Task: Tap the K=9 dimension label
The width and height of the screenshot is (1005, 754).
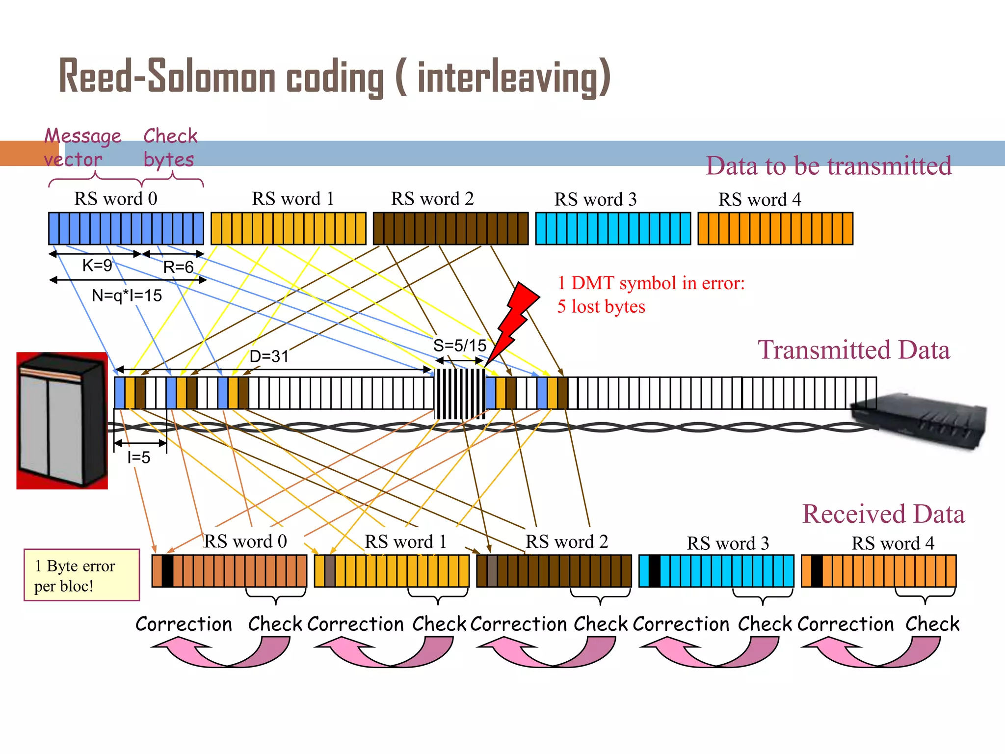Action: (x=97, y=266)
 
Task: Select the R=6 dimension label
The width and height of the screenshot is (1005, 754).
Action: (x=178, y=267)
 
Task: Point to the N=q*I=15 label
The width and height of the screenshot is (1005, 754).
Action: (x=127, y=296)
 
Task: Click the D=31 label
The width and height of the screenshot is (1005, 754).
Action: (x=269, y=356)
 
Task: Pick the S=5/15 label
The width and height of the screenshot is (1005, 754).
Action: (x=459, y=346)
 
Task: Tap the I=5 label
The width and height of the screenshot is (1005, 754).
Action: (x=138, y=458)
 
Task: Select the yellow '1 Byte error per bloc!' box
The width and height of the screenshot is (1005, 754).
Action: (x=81, y=575)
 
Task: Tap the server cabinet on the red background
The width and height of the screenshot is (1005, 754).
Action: (x=62, y=421)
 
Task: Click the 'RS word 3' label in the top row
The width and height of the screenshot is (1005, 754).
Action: (x=595, y=199)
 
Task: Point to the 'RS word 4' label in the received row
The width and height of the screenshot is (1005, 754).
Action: (x=892, y=543)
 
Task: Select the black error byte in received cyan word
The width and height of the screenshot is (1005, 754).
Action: (x=654, y=571)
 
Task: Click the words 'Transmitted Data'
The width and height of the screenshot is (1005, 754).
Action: (x=853, y=350)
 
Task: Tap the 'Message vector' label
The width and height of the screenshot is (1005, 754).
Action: (x=82, y=147)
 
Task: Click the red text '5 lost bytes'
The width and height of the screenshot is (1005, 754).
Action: (x=601, y=307)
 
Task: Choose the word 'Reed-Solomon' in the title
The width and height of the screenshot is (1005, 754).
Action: (x=167, y=77)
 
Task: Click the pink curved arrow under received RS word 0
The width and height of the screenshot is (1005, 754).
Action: (x=221, y=652)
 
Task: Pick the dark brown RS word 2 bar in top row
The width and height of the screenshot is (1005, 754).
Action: (x=450, y=229)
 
